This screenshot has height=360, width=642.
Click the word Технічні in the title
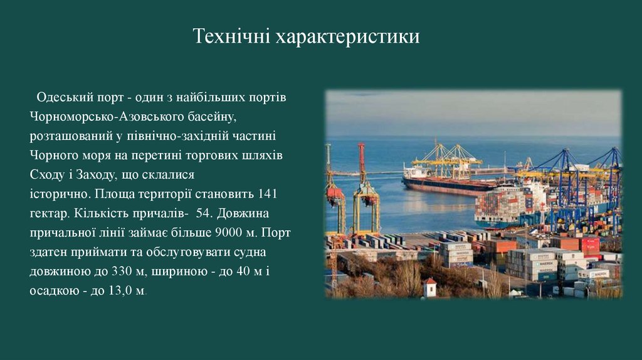231,37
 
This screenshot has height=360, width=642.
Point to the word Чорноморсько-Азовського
107,117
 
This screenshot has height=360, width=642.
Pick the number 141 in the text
267,194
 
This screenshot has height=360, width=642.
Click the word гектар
48,213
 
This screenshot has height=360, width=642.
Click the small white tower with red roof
430,287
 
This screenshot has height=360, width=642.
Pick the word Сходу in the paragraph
46,174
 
